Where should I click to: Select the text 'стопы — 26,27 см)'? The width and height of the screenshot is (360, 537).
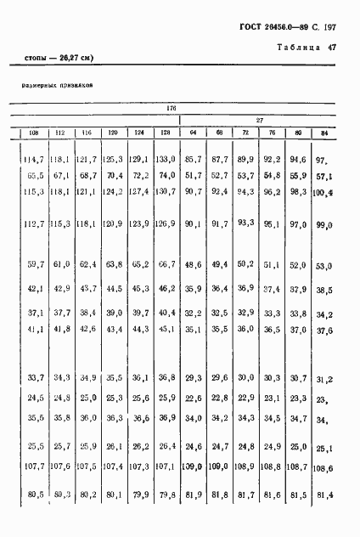point(54,58)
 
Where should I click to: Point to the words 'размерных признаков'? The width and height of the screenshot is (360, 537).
point(56,85)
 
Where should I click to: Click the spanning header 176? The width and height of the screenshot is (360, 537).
point(170,108)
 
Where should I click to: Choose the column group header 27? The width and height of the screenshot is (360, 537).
point(260,121)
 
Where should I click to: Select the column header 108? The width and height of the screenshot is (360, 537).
point(34,133)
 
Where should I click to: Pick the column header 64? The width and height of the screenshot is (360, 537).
point(194,133)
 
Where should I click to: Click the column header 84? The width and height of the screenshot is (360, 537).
point(323,133)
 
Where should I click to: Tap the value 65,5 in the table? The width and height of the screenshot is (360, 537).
point(35,176)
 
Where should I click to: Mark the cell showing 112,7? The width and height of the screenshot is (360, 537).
point(33,224)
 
